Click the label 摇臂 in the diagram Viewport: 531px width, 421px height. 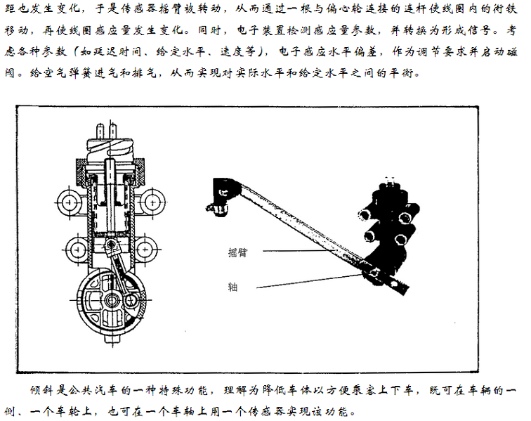coord(237,252)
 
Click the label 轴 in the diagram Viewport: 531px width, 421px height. coord(232,287)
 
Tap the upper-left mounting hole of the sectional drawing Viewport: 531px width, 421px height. coord(69,202)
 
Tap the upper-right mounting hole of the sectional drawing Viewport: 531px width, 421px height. coord(153,202)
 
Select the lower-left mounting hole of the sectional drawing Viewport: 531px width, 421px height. coord(77,250)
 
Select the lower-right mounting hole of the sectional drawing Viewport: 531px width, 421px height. coord(145,250)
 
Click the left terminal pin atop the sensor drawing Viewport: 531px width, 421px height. coord(100,131)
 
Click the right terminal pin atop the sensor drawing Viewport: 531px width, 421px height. coord(114,131)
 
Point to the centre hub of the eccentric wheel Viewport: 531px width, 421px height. coord(111,299)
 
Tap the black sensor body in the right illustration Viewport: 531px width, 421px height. coord(389,234)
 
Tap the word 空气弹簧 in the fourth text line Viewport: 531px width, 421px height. coord(56,72)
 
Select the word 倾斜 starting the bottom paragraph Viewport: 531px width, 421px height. coord(42,390)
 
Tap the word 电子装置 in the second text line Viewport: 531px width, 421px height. coord(263,30)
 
